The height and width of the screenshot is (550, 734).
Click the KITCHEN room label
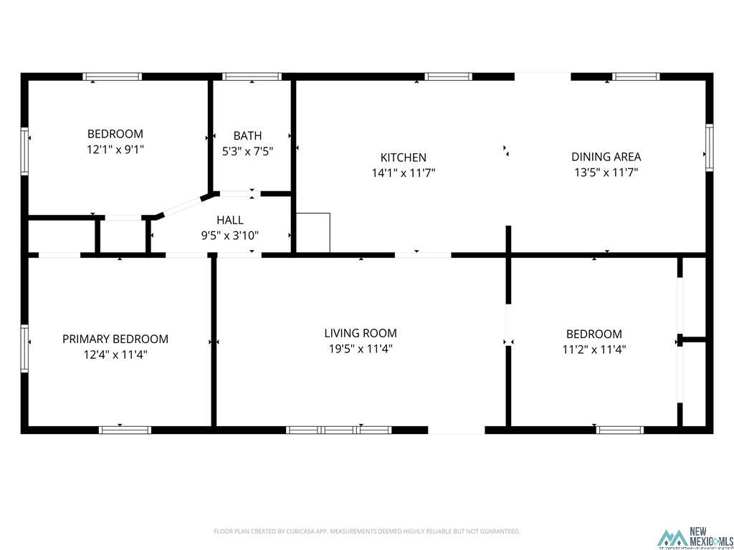(403, 158)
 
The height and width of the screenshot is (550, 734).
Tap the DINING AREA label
(606, 157)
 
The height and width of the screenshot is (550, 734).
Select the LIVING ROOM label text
(360, 333)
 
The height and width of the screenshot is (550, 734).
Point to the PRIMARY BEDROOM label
(115, 339)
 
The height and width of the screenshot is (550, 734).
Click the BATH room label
(247, 135)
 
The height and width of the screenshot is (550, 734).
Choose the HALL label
(229, 220)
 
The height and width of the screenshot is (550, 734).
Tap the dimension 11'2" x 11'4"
(594, 349)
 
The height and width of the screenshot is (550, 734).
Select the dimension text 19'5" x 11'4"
(360, 349)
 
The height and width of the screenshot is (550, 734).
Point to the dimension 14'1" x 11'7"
(403, 173)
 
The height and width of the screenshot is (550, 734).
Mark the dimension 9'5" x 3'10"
(229, 235)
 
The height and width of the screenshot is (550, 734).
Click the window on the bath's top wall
(251, 77)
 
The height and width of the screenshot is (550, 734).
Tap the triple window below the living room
(338, 430)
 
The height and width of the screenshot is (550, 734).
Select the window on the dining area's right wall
(709, 148)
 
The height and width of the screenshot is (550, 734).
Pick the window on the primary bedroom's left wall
(24, 348)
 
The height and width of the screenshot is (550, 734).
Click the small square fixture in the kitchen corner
(313, 233)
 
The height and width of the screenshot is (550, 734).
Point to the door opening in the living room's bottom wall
(457, 430)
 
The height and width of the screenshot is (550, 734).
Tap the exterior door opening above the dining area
(543, 76)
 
